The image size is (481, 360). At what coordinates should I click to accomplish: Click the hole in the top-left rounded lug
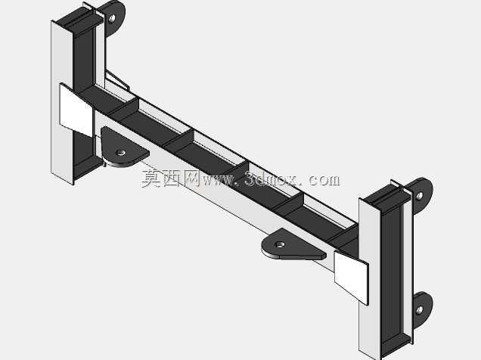click(112, 19)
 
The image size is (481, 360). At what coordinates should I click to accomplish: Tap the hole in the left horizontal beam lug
click(120, 153)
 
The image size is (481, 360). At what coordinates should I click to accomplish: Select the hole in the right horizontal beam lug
click(280, 245)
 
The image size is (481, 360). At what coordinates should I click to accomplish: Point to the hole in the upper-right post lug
click(420, 196)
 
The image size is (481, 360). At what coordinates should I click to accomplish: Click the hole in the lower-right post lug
click(419, 310)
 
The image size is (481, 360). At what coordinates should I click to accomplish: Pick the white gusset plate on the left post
click(76, 110)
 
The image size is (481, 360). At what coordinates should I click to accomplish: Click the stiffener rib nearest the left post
click(124, 110)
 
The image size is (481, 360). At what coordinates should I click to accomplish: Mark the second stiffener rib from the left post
click(178, 141)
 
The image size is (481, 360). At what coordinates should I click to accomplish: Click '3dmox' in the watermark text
click(271, 178)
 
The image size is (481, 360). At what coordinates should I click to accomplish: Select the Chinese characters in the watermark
click(171, 178)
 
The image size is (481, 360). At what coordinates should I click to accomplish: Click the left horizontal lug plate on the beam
click(123, 147)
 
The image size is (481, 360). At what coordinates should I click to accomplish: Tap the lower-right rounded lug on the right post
click(423, 310)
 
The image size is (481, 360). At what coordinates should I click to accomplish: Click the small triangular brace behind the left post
click(116, 81)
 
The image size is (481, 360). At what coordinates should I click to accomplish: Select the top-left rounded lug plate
click(114, 18)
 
